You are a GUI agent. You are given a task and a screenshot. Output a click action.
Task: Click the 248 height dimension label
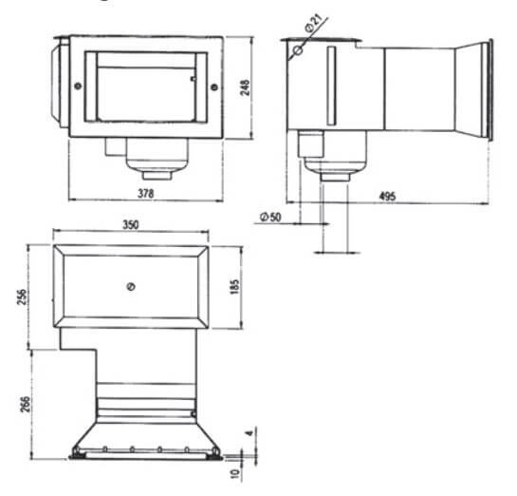click(245, 87)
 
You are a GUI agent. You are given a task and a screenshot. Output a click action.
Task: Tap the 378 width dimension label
click(146, 193)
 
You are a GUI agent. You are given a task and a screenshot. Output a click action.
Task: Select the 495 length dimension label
click(387, 197)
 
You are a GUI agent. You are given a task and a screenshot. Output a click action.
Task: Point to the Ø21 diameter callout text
click(313, 23)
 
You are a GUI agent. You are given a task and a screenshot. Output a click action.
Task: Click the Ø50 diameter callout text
click(270, 217)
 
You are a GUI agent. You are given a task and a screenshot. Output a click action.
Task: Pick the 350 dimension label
click(131, 224)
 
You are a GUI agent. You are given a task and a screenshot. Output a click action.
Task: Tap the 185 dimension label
click(234, 287)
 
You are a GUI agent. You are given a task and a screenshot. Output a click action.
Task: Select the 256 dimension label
click(22, 297)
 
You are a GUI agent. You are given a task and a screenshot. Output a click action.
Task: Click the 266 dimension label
click(25, 404)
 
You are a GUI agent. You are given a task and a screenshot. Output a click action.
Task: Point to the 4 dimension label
click(250, 432)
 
